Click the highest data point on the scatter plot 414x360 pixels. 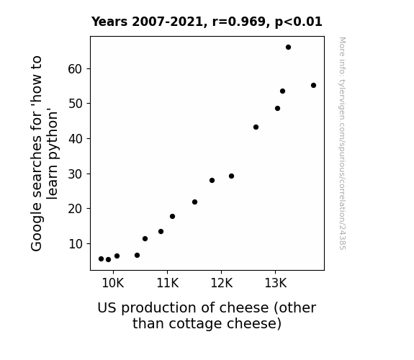point(288,48)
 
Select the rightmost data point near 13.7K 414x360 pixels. point(313,85)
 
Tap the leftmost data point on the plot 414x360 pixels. point(101,259)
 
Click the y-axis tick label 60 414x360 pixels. point(75,69)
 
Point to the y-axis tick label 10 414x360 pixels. point(76,244)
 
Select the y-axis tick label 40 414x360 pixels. point(76,139)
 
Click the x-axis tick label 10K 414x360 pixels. point(113,283)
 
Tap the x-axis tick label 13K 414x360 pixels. point(275,283)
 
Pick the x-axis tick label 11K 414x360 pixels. point(167,283)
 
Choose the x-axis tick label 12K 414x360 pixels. point(222,283)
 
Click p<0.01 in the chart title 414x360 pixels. point(299,22)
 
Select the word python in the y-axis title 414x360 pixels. point(53,135)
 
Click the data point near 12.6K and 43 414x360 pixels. point(256,127)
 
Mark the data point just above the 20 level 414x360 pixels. point(194,202)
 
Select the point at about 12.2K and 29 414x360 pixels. point(231,176)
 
